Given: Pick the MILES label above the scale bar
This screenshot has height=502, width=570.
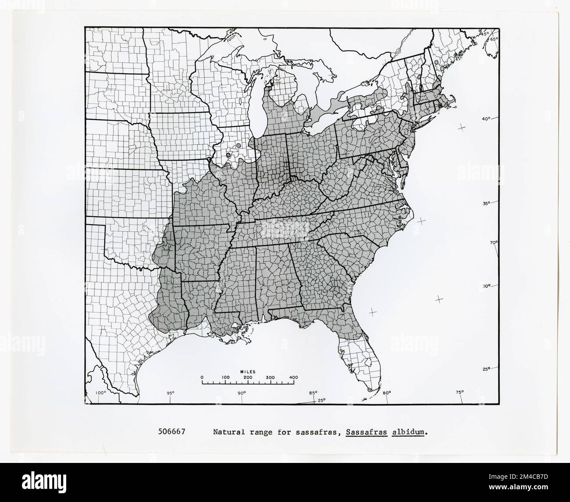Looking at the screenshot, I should (248, 371).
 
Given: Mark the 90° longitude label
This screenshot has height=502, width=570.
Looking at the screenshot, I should (242, 393).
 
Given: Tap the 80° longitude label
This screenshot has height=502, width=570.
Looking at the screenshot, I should (386, 393).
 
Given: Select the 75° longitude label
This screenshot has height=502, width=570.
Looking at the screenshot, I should (460, 392).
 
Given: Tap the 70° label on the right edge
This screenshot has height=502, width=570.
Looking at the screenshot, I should (494, 243).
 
